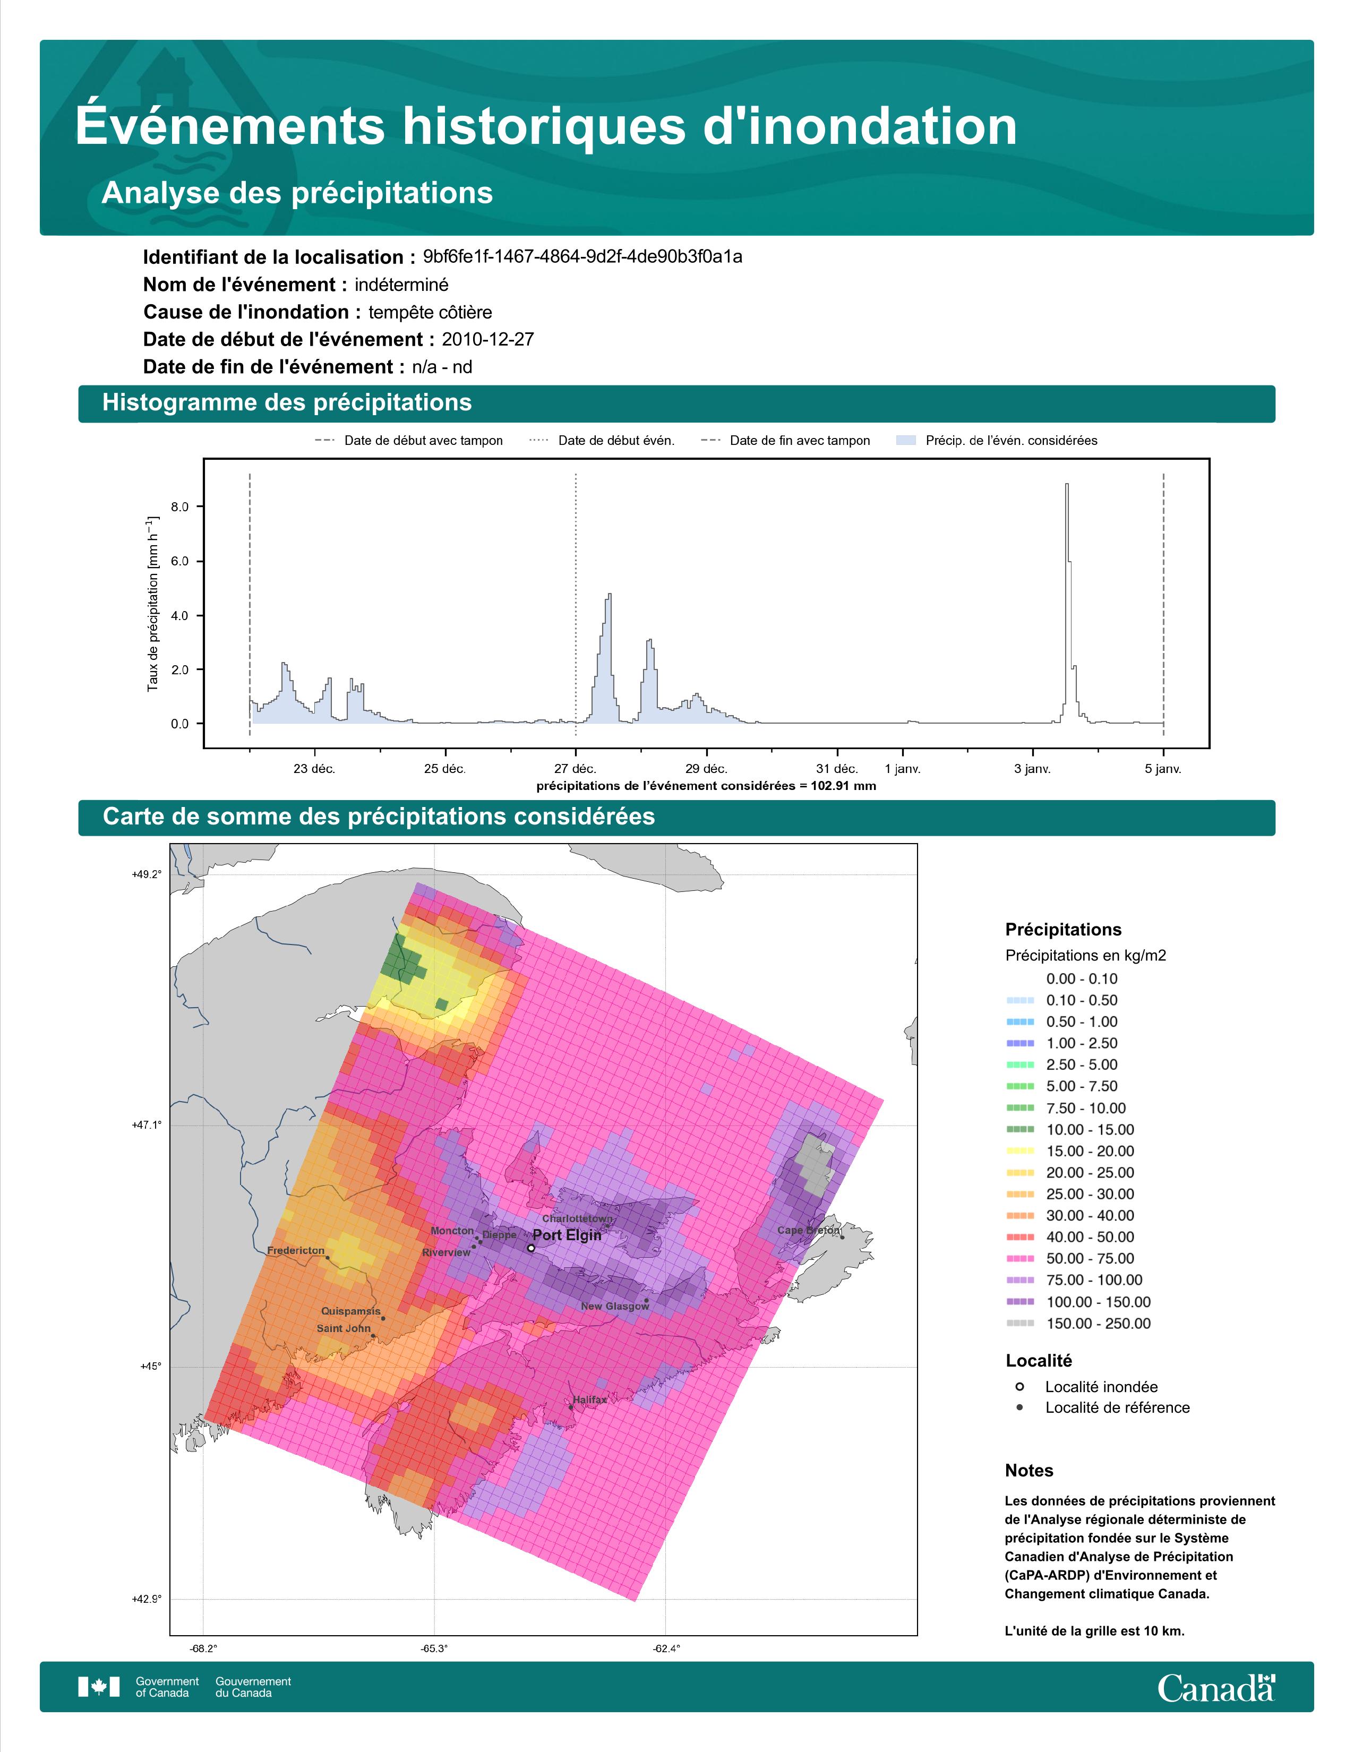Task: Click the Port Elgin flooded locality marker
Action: (531, 1248)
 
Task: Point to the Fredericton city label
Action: (296, 1251)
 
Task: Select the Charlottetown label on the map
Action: (578, 1218)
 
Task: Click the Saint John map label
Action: (344, 1328)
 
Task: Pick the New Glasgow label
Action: (614, 1306)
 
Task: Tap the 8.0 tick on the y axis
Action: (179, 507)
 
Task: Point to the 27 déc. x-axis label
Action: (575, 769)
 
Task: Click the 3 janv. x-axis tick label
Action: (1032, 769)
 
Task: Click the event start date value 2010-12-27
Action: (487, 339)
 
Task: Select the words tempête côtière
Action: (430, 312)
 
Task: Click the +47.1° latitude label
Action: (147, 1126)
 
